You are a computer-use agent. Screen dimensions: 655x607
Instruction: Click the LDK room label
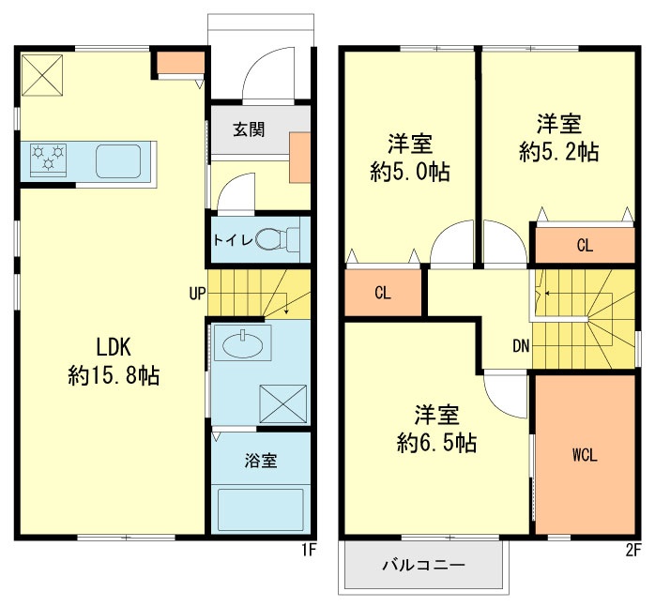(x=114, y=347)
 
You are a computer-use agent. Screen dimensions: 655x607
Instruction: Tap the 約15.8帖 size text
(x=114, y=375)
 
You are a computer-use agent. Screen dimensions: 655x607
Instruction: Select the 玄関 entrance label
(x=249, y=129)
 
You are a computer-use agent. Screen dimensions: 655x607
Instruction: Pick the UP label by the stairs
(x=197, y=294)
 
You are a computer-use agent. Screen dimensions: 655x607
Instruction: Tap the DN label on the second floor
(x=521, y=346)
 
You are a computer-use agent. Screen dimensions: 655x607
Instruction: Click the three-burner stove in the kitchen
(x=48, y=159)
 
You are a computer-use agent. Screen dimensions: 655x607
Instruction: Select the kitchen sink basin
(x=118, y=161)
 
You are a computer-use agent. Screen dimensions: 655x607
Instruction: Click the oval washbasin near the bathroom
(x=243, y=344)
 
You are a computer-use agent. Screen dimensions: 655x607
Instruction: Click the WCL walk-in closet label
(x=585, y=455)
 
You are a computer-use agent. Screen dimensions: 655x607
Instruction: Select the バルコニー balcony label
(x=423, y=566)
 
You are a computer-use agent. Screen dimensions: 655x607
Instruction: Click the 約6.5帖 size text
(x=437, y=443)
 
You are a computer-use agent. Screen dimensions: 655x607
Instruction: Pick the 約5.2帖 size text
(x=559, y=152)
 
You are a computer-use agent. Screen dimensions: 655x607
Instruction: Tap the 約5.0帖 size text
(x=410, y=172)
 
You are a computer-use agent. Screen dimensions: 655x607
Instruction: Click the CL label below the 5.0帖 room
(x=383, y=293)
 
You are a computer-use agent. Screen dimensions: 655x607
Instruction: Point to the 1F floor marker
(x=309, y=550)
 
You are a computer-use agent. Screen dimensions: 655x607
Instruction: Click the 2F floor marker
(x=633, y=551)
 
